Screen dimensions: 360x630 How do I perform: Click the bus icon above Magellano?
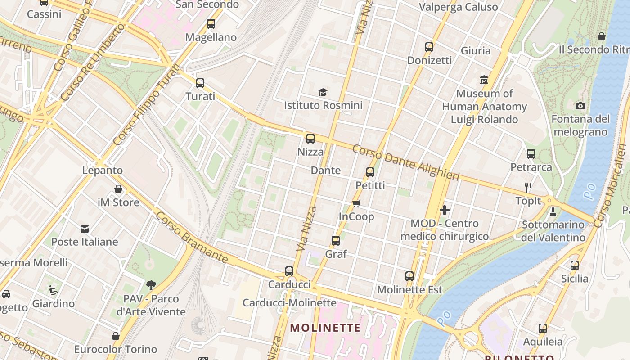click(211, 24)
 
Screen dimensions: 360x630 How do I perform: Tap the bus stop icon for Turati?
click(200, 83)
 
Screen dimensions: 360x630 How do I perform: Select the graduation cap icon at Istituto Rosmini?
click(323, 93)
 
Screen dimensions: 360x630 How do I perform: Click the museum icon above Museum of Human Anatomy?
click(484, 80)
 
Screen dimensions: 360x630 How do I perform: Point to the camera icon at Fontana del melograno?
click(580, 106)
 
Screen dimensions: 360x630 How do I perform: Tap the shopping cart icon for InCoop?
click(356, 203)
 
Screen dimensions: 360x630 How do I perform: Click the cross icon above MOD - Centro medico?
click(445, 210)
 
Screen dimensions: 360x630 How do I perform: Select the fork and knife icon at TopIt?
click(528, 188)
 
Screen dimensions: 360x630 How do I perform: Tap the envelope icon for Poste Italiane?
click(85, 229)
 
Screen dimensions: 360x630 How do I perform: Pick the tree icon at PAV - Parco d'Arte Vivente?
click(151, 285)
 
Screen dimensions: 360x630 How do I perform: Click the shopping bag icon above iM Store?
click(118, 189)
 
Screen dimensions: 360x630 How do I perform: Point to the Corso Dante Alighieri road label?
click(405, 162)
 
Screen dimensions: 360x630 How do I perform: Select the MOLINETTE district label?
click(325, 328)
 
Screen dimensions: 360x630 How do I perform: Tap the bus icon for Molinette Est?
click(409, 276)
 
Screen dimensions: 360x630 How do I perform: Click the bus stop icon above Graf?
click(336, 241)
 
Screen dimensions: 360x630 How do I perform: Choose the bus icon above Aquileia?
click(543, 328)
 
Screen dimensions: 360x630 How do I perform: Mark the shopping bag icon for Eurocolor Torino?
click(116, 336)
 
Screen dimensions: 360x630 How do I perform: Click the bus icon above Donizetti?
click(429, 47)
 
